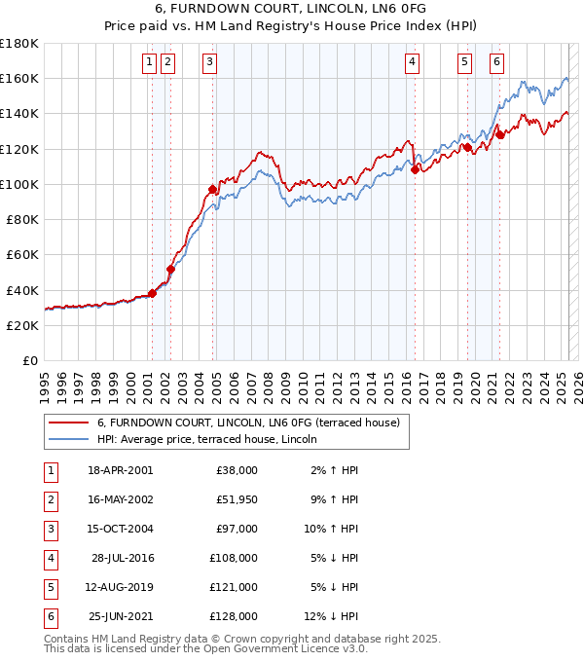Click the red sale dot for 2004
[212, 189]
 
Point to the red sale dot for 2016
[415, 169]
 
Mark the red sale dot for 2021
[499, 134]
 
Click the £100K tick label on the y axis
[19, 184]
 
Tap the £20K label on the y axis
[23, 325]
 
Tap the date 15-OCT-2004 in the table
[120, 528]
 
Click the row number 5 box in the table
[49, 587]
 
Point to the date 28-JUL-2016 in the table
[120, 558]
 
